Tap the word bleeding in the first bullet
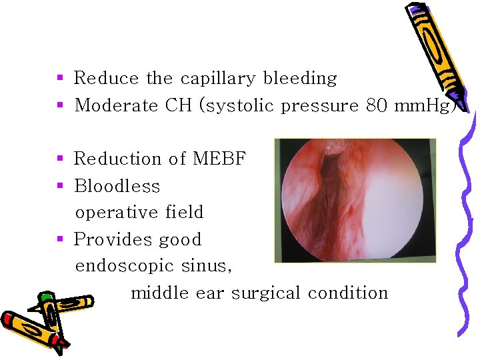point(300,78)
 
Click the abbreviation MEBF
point(219,159)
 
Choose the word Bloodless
point(117,186)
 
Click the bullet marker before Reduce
point(60,78)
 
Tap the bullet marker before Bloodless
point(60,185)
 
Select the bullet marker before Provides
point(60,239)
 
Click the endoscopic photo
point(355,200)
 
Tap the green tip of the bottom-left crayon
point(45,297)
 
